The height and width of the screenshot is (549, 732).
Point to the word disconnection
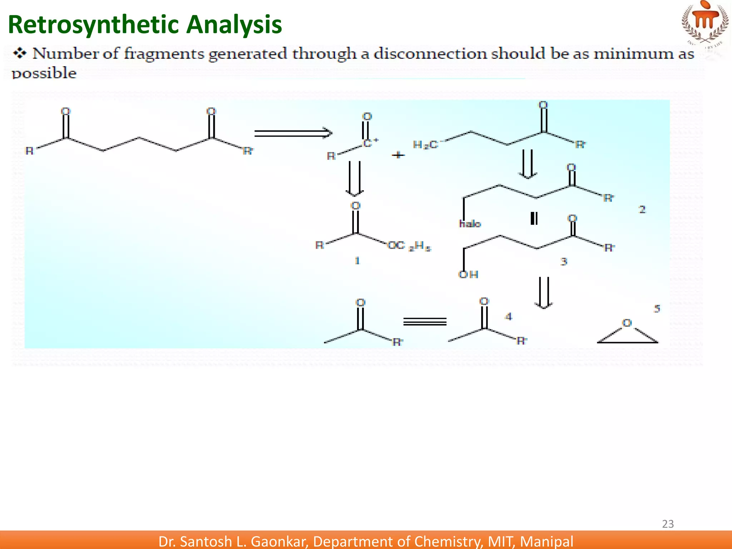430,54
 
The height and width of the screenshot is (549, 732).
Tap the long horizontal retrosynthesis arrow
293,133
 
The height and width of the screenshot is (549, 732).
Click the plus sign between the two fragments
398,155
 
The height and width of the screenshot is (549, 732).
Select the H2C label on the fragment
425,145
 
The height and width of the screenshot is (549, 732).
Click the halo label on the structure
470,224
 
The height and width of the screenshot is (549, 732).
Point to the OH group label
468,274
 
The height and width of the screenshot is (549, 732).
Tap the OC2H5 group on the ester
410,246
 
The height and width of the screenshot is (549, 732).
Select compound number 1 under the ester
357,261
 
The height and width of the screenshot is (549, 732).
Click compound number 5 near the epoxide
657,308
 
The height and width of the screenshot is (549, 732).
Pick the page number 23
668,524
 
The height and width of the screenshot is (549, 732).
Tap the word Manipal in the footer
546,541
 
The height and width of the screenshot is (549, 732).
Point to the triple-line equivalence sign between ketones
425,322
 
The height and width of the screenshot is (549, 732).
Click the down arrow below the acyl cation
355,179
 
